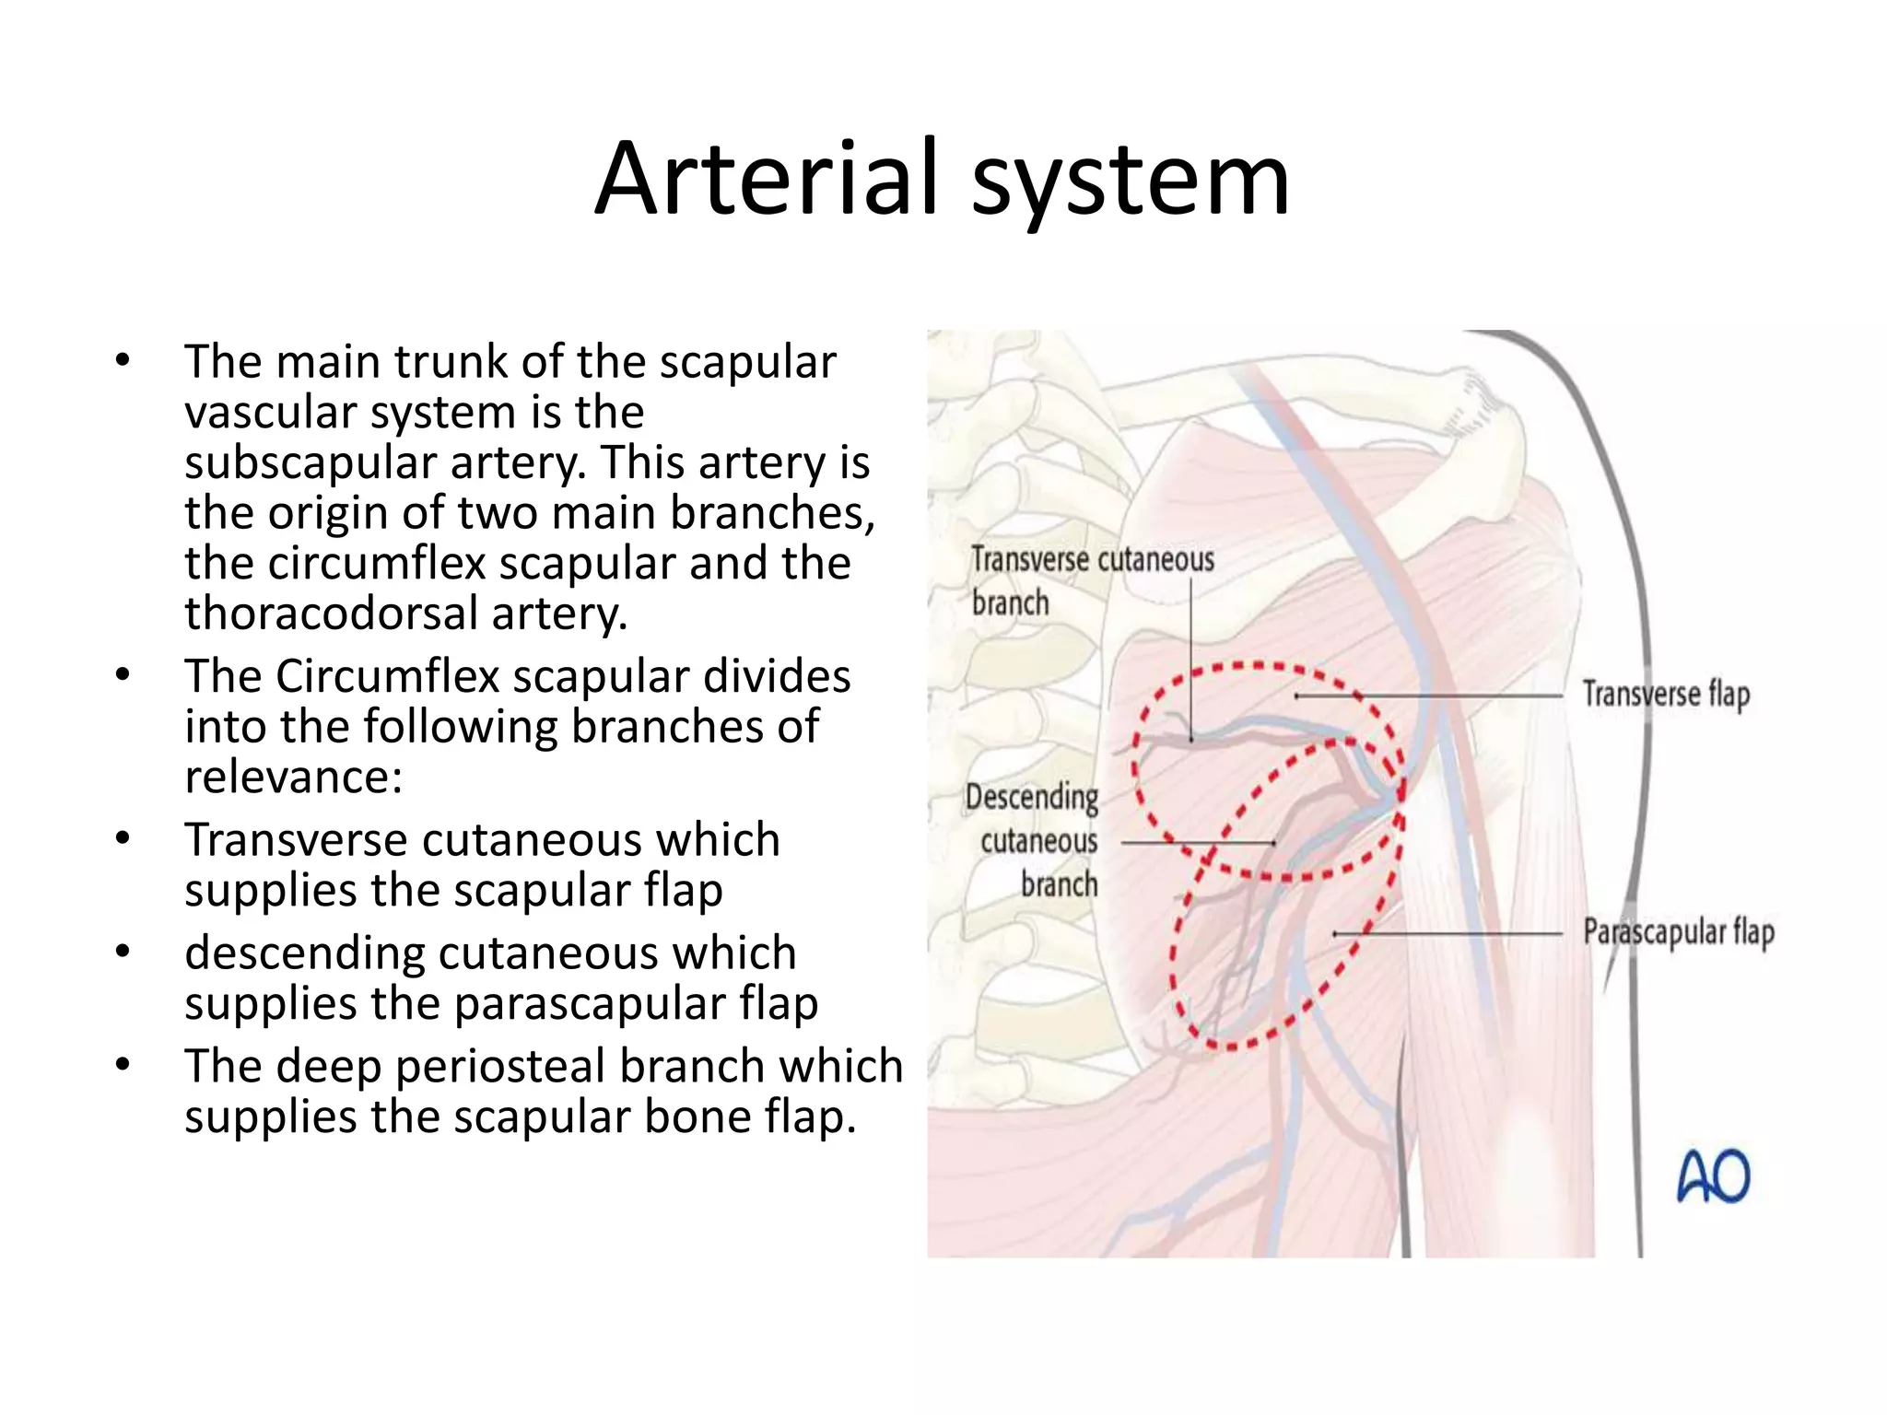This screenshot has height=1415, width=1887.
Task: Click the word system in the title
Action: tap(1131, 180)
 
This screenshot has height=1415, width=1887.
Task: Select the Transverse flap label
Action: tap(1666, 695)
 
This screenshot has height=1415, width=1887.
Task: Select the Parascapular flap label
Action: tap(1679, 932)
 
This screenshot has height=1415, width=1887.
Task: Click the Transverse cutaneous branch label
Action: tap(1092, 580)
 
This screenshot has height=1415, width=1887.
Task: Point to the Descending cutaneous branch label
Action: tap(1034, 840)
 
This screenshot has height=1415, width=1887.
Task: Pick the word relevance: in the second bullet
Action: tap(293, 778)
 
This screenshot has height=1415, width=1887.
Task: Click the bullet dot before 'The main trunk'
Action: tap(123, 361)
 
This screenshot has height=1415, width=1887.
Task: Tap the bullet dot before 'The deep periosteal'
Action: tap(123, 1066)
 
